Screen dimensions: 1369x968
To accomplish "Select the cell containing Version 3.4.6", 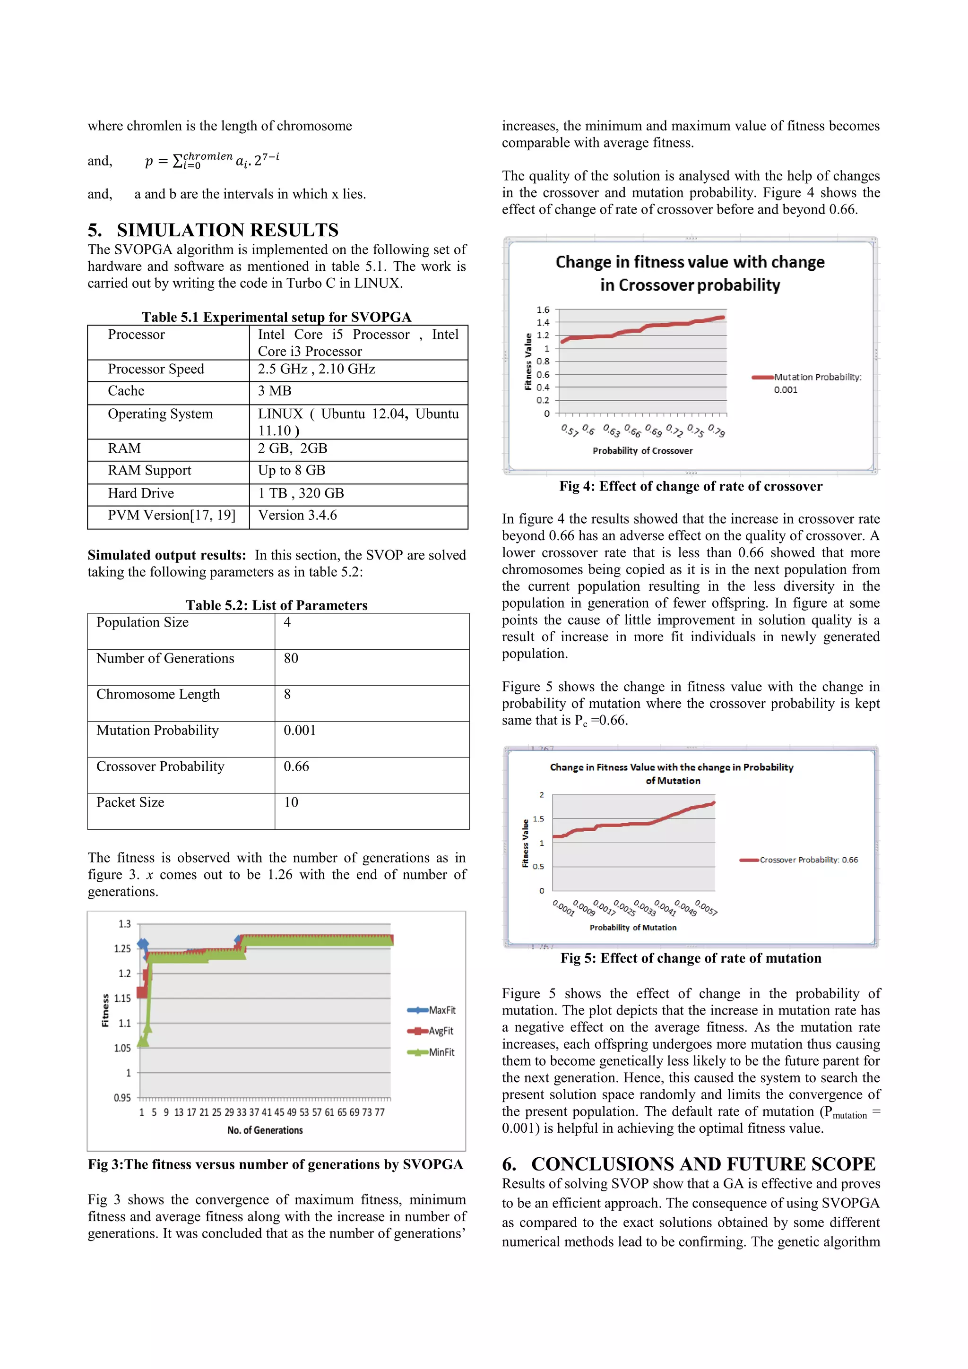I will pos(298,516).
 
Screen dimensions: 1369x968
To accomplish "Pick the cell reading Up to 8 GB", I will pos(292,471).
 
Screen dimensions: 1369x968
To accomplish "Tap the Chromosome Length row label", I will pos(158,695).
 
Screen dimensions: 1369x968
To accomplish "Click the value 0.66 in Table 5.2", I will pos(296,767).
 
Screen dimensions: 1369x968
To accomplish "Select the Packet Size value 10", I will pos(291,802).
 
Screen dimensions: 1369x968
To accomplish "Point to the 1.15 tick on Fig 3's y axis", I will pos(122,999).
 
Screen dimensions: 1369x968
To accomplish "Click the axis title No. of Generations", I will pos(265,1130).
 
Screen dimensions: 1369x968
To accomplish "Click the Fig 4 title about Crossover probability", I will pos(690,274).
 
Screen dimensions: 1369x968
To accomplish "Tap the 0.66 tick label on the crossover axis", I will pos(632,431).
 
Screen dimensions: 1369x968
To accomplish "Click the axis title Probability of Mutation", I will pos(633,928).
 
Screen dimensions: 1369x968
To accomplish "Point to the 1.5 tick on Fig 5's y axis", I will pos(538,819).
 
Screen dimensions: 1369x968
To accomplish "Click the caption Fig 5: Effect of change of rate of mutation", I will pos(691,958).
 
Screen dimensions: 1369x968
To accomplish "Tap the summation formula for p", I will pos(212,160).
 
